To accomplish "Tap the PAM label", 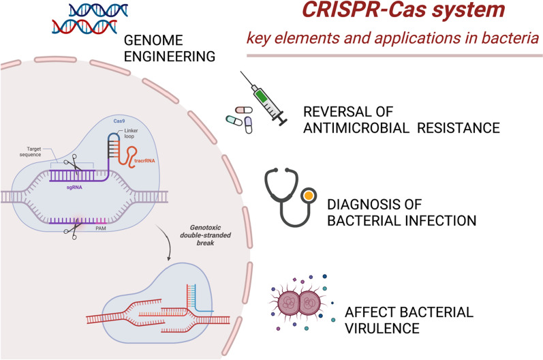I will click(x=102, y=232).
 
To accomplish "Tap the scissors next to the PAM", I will click(x=67, y=232).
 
